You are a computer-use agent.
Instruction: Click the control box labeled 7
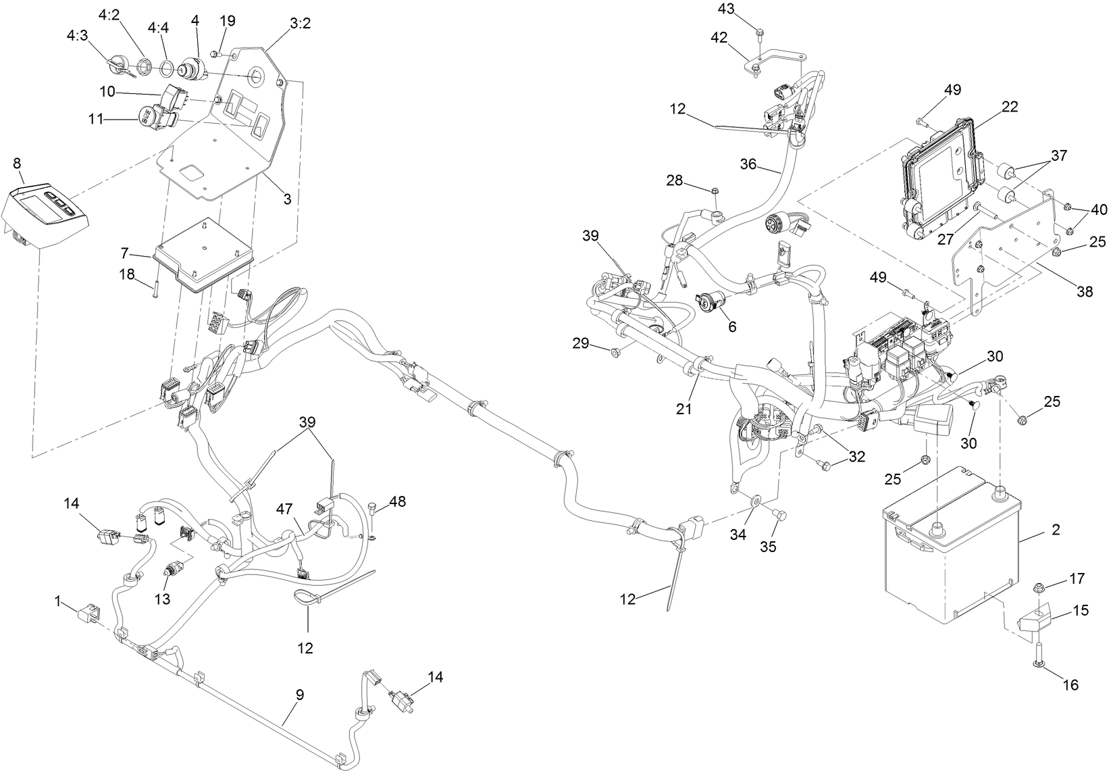[203, 253]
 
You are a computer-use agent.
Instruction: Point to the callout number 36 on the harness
[749, 164]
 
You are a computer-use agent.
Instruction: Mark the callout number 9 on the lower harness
[300, 694]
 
